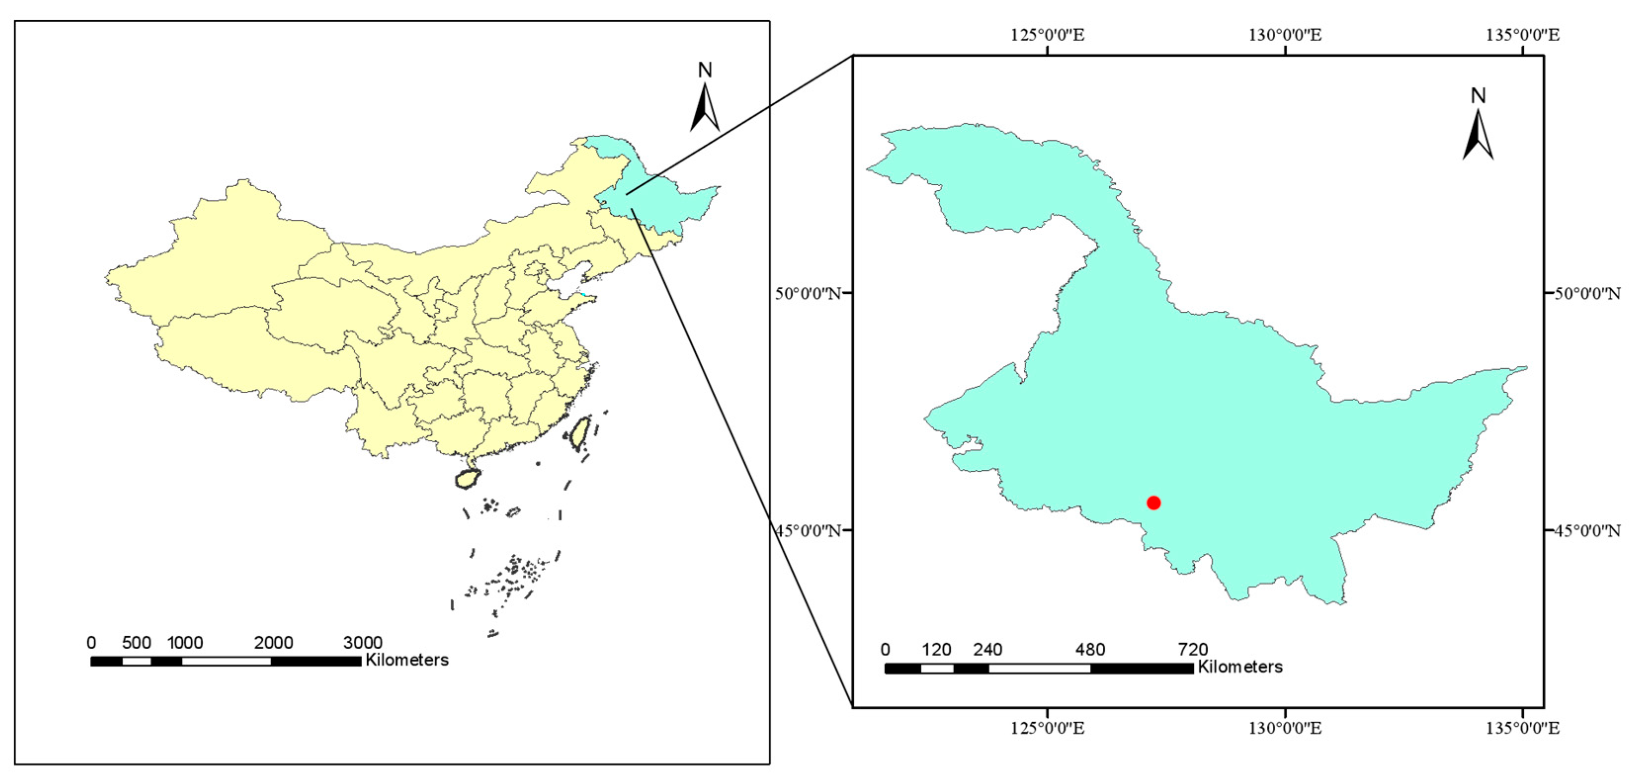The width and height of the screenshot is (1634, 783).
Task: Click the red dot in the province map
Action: [x=1153, y=503]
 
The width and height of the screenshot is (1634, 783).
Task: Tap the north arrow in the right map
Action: [x=1477, y=135]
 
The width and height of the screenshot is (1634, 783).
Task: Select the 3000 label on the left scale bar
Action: [x=362, y=643]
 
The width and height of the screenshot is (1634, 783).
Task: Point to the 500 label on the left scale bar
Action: [x=136, y=643]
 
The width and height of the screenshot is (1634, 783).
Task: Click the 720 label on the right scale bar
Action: [x=1192, y=650]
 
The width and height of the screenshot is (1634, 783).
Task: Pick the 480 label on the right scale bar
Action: [x=1090, y=650]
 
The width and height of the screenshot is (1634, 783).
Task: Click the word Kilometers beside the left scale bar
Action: [x=407, y=660]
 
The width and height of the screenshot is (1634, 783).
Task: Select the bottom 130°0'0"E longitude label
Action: [x=1285, y=728]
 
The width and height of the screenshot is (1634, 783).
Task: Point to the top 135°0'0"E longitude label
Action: [x=1522, y=35]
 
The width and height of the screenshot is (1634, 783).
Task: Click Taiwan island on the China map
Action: [x=579, y=433]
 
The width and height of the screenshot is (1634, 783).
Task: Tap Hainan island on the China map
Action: [x=467, y=478]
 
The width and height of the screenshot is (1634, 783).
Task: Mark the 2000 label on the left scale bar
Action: [x=273, y=643]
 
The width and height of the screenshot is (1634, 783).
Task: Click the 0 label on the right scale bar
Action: [x=885, y=650]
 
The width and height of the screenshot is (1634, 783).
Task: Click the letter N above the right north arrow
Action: [x=1478, y=96]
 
